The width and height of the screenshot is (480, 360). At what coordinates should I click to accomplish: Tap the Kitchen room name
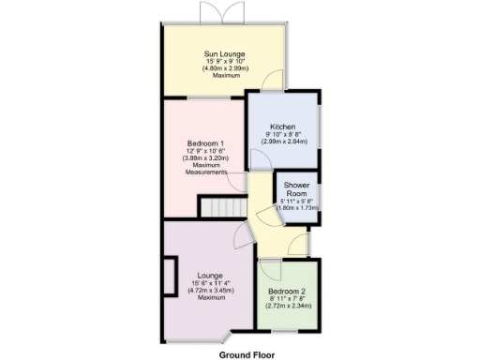(x=283, y=127)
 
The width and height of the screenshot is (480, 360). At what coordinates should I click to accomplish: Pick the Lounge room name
(x=210, y=276)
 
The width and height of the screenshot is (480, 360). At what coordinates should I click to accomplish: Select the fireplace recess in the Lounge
(x=170, y=276)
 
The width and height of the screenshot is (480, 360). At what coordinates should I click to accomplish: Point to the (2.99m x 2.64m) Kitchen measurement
(x=283, y=142)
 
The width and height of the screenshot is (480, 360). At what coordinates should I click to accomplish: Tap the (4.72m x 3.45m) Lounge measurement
(x=210, y=291)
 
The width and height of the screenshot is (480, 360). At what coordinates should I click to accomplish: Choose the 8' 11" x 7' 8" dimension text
(x=289, y=299)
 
